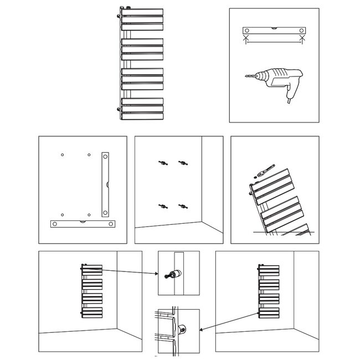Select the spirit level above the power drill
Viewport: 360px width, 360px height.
pyautogui.click(x=274, y=30)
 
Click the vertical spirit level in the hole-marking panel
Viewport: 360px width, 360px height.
pyautogui.click(x=105, y=184)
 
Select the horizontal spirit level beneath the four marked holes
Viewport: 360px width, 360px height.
pyautogui.click(x=83, y=224)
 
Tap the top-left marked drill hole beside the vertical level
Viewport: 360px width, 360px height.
pyautogui.click(x=63, y=154)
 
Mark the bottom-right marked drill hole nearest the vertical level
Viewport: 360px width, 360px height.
pyautogui.click(x=89, y=214)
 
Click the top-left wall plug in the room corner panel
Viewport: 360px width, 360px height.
pyautogui.click(x=161, y=162)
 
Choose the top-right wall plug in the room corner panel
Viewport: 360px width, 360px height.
pyautogui.click(x=181, y=162)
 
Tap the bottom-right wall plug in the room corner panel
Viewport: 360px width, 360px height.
pyautogui.click(x=181, y=206)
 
